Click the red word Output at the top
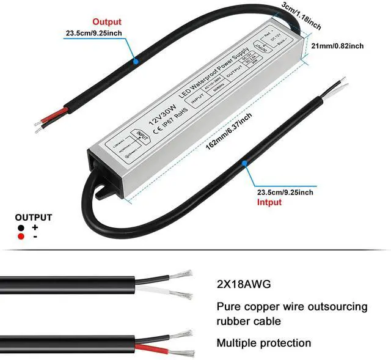107,22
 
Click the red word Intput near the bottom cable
269,202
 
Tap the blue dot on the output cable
136,61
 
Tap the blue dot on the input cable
244,163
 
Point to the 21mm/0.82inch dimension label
338,46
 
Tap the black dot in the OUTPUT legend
21,227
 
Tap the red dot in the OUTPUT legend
21,237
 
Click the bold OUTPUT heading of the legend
33,217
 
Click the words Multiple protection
263,343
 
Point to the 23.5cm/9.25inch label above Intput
285,193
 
